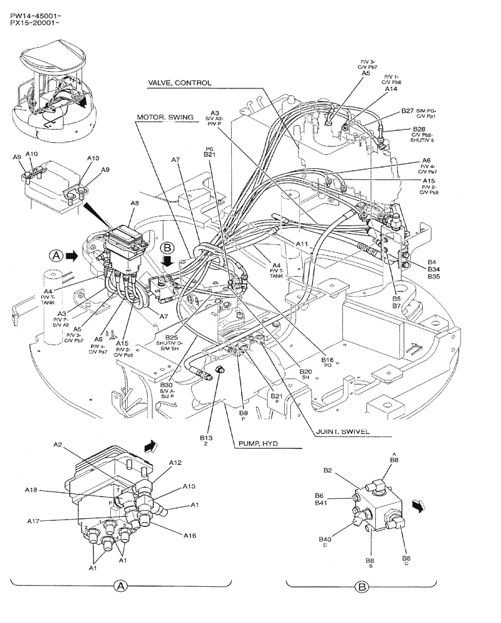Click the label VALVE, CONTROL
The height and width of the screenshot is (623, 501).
tap(179, 82)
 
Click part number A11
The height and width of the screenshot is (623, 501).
tap(302, 244)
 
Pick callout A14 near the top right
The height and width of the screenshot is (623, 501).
tap(391, 89)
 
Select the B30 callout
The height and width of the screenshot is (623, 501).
tap(166, 386)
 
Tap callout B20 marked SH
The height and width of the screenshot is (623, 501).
tap(305, 371)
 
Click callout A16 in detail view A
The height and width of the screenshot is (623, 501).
tap(190, 534)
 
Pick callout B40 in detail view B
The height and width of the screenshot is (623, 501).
tap(325, 539)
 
